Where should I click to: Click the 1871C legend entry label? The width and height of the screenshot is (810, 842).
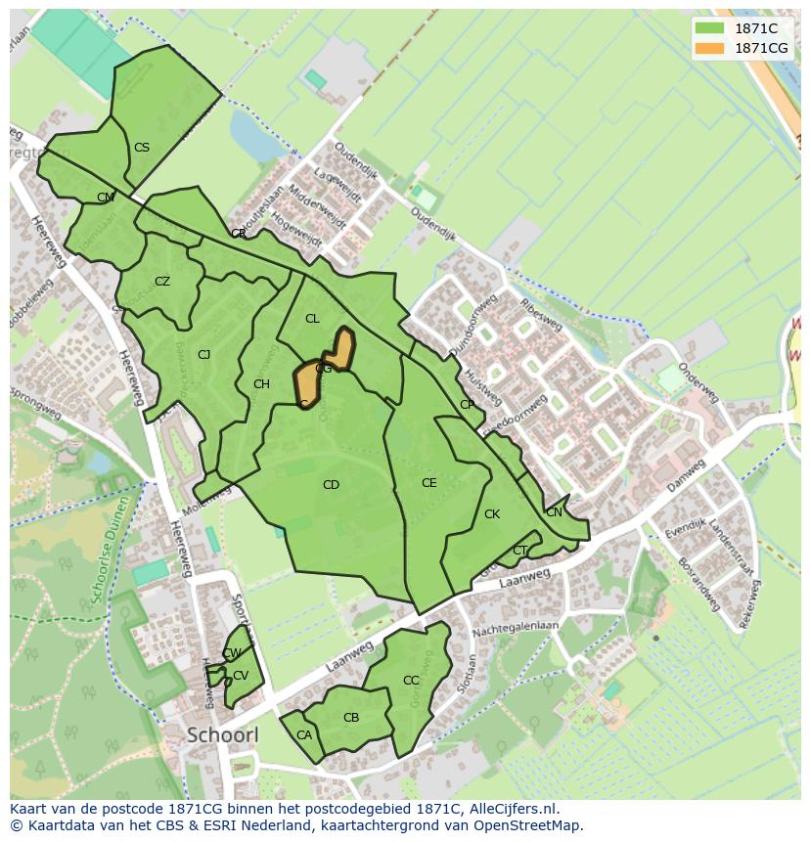(x=756, y=28)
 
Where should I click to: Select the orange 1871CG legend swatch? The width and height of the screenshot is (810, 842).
(x=711, y=48)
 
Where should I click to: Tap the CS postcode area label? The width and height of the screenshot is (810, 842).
(x=142, y=148)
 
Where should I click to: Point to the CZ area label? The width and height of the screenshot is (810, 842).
(x=162, y=282)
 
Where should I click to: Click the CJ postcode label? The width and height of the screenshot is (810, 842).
(x=204, y=355)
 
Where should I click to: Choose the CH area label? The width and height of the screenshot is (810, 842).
(x=261, y=384)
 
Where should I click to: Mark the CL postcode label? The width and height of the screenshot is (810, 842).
(x=312, y=319)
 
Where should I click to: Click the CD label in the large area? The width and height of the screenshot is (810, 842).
(x=331, y=485)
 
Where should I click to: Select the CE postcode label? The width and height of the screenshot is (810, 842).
(x=428, y=483)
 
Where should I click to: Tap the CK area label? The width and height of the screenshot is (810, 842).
(x=492, y=514)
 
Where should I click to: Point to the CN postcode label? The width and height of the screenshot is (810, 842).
(x=555, y=512)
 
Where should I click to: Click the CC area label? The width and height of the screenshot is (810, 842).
(x=411, y=681)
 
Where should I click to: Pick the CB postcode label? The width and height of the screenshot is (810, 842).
(x=351, y=718)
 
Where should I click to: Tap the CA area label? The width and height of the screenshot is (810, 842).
(x=304, y=735)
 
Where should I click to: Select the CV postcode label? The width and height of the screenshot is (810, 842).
(x=241, y=676)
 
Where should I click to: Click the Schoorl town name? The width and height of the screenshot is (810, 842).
(x=221, y=734)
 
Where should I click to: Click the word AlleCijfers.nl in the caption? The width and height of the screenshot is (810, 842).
(x=511, y=810)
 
